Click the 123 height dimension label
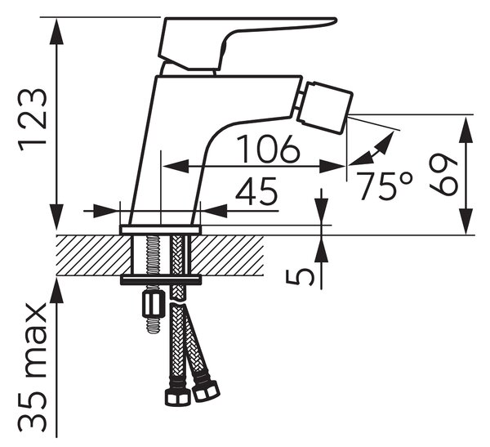click(33, 120)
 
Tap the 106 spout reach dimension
click(268, 150)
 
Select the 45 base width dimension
click(256, 191)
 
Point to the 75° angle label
click(384, 186)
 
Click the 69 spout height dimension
click(443, 175)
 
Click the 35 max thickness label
click(33, 368)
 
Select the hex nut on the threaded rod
click(154, 303)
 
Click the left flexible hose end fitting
click(177, 396)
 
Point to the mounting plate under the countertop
click(161, 279)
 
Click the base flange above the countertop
click(161, 230)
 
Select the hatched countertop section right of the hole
click(228, 255)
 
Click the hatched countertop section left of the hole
click(93, 255)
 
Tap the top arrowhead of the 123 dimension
click(56, 31)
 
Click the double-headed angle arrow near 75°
click(372, 148)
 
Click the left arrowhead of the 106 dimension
click(176, 166)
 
